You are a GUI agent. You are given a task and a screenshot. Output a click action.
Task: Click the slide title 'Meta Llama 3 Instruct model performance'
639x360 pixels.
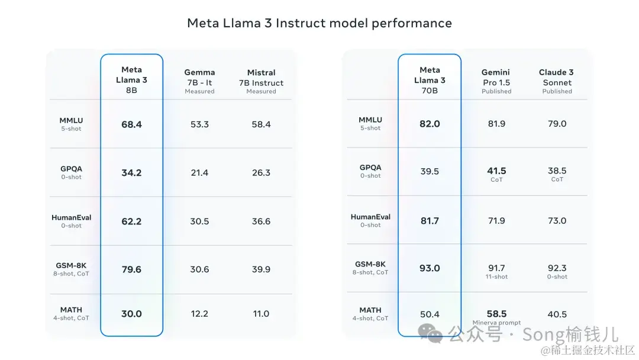pyautogui.click(x=319, y=23)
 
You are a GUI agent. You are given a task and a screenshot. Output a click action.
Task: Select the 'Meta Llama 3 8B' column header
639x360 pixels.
pyautogui.click(x=131, y=80)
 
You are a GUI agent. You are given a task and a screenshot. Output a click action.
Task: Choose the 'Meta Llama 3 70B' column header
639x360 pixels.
pyautogui.click(x=430, y=80)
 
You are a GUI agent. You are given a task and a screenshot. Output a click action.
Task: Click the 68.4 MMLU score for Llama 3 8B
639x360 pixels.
pyautogui.click(x=131, y=124)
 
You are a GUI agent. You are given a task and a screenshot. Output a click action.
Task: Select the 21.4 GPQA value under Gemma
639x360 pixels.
pyautogui.click(x=199, y=173)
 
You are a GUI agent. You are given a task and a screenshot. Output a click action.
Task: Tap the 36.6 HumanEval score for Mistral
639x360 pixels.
pyautogui.click(x=261, y=221)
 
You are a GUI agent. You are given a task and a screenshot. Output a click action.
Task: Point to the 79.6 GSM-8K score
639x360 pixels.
pyautogui.click(x=131, y=269)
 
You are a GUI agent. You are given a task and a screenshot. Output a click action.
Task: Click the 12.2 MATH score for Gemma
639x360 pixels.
pyautogui.click(x=199, y=314)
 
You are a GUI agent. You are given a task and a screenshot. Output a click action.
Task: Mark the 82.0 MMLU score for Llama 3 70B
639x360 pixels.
pyautogui.click(x=430, y=124)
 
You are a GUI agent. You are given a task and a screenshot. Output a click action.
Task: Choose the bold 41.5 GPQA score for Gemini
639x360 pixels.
pyautogui.click(x=496, y=171)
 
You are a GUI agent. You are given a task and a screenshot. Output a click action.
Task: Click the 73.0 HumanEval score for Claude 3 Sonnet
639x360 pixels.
pyautogui.click(x=557, y=221)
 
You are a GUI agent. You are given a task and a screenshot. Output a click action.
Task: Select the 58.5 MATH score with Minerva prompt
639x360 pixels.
pyautogui.click(x=496, y=314)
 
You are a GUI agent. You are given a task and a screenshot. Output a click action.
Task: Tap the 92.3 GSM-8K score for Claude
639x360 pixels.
pyautogui.click(x=557, y=268)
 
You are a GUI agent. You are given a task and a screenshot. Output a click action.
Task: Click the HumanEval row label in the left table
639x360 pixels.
pyautogui.click(x=72, y=218)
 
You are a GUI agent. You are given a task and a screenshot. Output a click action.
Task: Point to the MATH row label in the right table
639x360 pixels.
pyautogui.click(x=370, y=310)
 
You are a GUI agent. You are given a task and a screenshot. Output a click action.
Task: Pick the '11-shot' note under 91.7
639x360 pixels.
pyautogui.click(x=496, y=277)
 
